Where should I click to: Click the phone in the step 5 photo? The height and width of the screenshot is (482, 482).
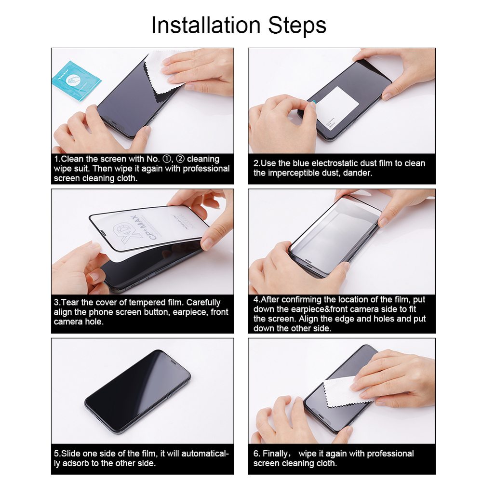click(138, 390)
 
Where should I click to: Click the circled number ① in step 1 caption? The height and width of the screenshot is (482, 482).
click(154, 159)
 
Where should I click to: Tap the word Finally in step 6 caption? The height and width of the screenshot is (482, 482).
click(277, 454)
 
